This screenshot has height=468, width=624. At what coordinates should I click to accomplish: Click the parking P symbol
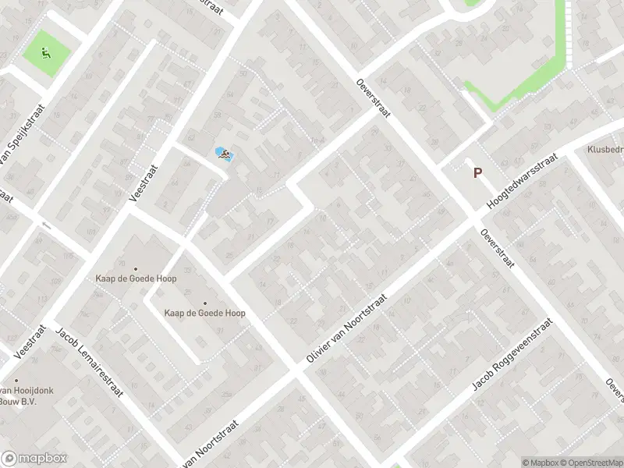tap(477, 174)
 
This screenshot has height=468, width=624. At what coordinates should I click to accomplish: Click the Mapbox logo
tap(34, 459)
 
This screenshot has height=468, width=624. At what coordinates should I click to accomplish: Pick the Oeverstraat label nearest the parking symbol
tap(496, 248)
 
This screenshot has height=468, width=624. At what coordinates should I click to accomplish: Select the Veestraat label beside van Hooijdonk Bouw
tap(27, 342)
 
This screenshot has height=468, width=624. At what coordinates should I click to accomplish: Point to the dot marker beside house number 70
tap(135, 269)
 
